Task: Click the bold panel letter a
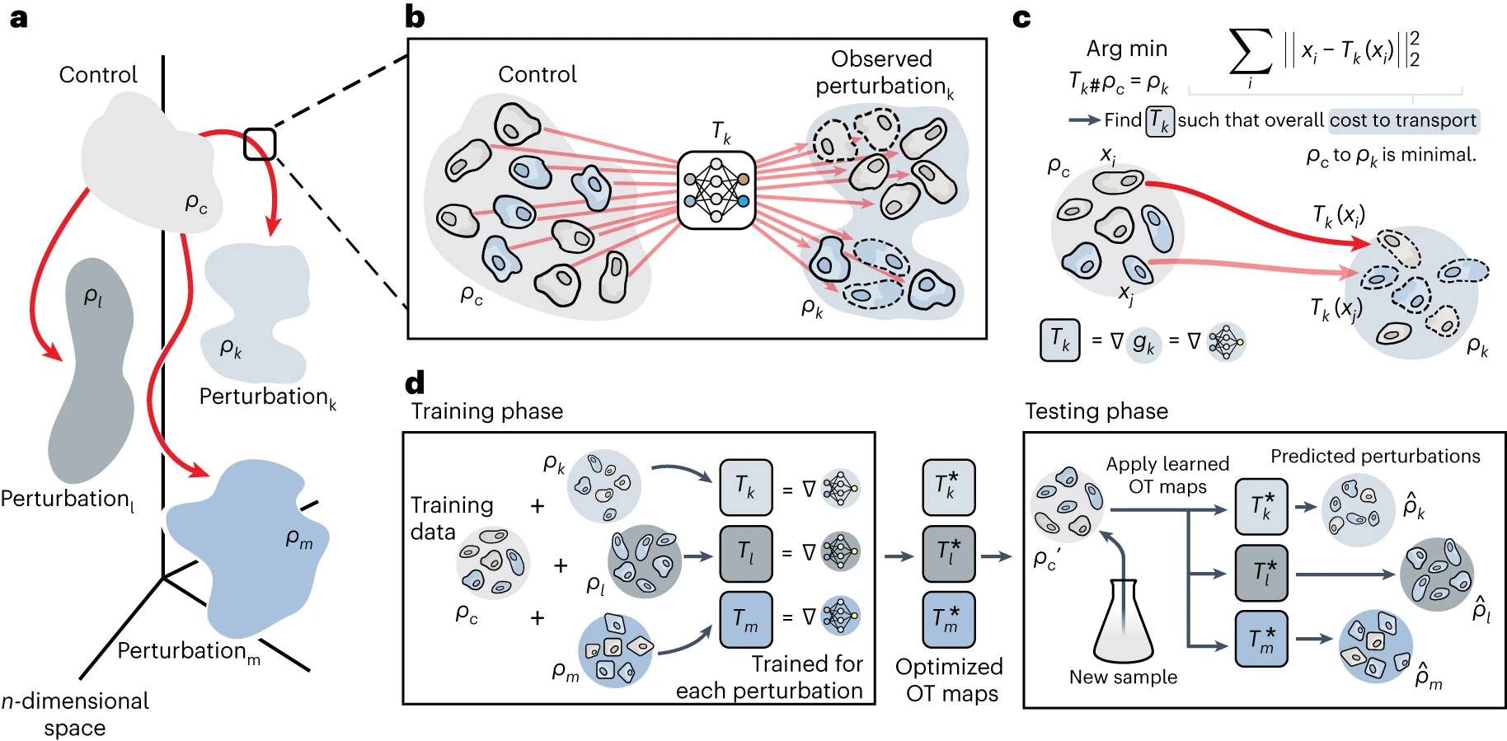(18, 18)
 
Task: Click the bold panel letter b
(415, 17)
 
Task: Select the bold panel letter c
(1021, 18)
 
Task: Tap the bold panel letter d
(415, 382)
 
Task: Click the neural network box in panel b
(716, 190)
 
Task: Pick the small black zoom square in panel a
(260, 143)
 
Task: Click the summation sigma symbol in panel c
(1250, 52)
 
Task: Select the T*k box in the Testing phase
(1261, 506)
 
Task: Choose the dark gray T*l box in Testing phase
(1261, 572)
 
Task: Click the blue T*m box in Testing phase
(1261, 639)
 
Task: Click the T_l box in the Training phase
(746, 553)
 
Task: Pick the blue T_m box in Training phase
(746, 619)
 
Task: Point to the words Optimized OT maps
(950, 680)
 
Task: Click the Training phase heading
(487, 411)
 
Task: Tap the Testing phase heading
(1096, 411)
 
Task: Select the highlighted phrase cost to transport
(1403, 120)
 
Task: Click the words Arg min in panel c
(1126, 49)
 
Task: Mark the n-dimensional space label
(75, 714)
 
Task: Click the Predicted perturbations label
(1375, 456)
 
